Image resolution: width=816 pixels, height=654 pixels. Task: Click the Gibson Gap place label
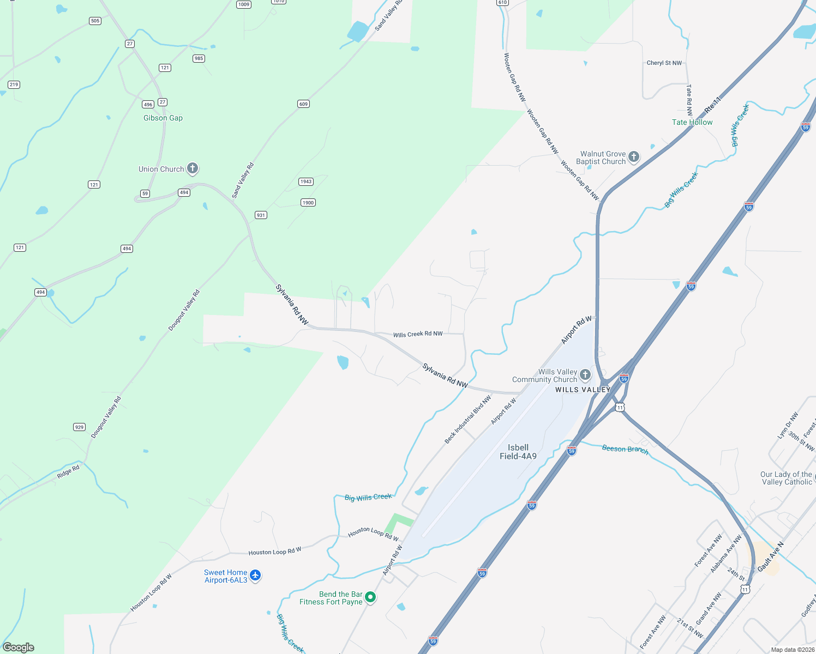(163, 118)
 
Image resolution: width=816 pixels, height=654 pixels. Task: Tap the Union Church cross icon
(193, 169)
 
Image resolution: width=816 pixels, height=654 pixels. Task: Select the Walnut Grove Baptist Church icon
(633, 158)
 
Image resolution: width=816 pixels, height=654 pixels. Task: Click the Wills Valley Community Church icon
(585, 375)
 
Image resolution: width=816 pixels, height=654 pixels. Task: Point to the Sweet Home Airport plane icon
(255, 576)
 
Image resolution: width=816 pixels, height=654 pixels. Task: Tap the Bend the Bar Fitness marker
(370, 597)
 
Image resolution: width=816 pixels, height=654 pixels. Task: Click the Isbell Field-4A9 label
(518, 452)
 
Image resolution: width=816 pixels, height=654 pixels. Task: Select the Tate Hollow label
(692, 123)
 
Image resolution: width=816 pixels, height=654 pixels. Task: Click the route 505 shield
(95, 21)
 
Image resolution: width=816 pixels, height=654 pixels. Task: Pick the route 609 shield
(304, 104)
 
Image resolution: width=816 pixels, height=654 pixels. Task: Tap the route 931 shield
(261, 215)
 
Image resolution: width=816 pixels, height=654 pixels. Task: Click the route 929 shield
(80, 427)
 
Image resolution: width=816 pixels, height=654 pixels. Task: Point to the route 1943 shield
(306, 181)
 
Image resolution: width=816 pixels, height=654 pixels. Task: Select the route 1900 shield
(308, 203)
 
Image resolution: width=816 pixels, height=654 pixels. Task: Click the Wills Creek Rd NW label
(418, 334)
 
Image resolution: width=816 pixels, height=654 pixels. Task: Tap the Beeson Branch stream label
(625, 449)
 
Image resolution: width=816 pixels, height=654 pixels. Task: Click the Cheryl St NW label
(664, 63)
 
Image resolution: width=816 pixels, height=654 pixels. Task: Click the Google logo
(19, 647)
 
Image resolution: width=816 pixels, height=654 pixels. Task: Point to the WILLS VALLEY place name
(583, 390)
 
